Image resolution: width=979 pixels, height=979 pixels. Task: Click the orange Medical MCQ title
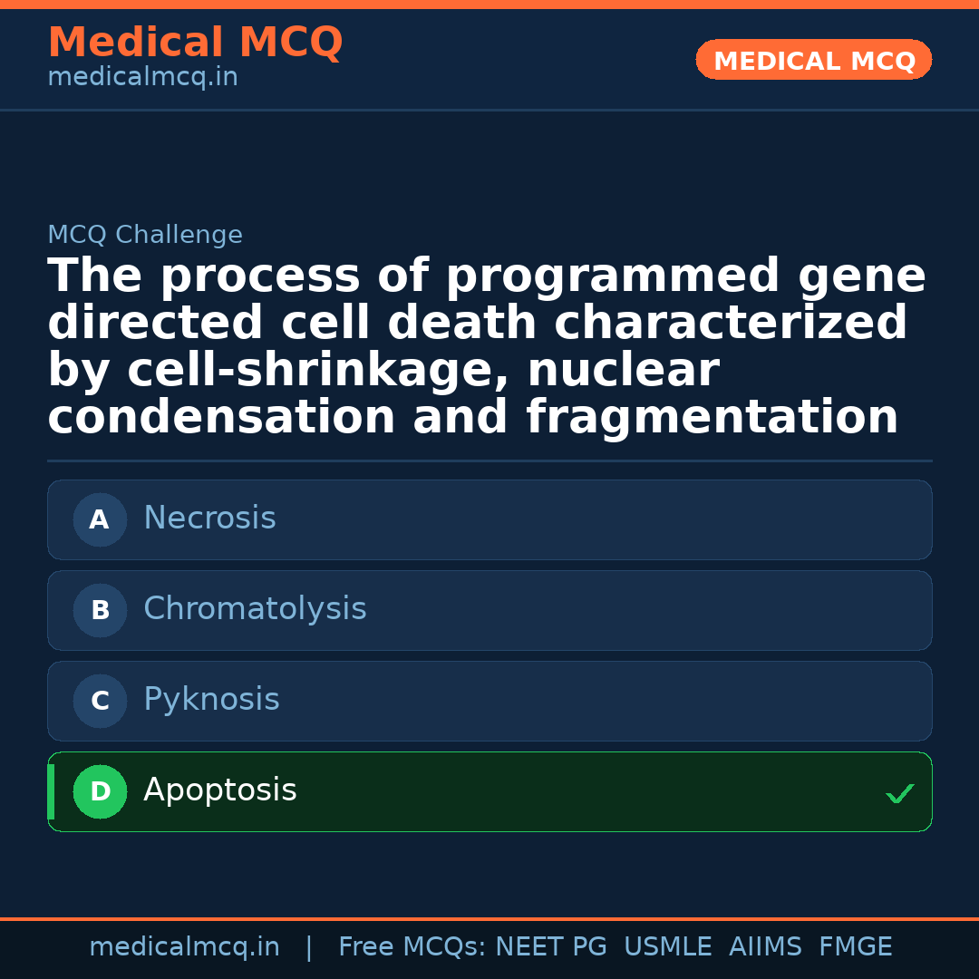[196, 42]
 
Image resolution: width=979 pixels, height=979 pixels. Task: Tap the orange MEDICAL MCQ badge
[813, 60]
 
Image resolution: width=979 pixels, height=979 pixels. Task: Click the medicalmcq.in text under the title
[143, 77]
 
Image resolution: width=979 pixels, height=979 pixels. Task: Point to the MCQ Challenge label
[145, 234]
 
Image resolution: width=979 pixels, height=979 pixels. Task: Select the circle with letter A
[100, 519]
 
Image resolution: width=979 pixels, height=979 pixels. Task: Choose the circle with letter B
[100, 610]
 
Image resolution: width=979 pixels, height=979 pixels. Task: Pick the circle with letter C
[100, 701]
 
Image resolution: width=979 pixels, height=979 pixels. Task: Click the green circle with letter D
[100, 791]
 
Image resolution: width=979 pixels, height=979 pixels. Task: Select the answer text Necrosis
[209, 518]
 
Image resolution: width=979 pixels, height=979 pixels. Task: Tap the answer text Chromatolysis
[255, 608]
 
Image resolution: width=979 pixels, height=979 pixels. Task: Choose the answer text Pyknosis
[211, 699]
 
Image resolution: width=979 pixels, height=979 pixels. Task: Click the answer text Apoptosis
[219, 790]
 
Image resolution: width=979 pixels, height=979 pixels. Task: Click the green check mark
[900, 793]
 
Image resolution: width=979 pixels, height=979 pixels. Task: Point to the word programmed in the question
[613, 276]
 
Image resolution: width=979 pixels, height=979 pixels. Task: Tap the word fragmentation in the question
[712, 417]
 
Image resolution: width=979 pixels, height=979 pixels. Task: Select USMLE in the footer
[668, 946]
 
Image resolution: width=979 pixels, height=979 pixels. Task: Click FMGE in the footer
[856, 946]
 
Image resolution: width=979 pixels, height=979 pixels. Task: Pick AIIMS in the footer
[765, 946]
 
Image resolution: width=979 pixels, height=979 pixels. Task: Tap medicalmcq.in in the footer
[185, 947]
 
